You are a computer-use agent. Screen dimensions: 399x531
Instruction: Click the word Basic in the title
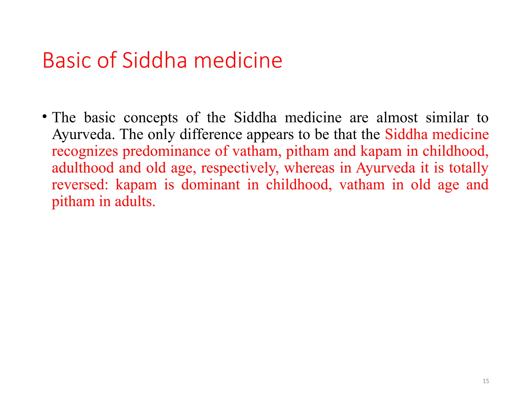coord(67,61)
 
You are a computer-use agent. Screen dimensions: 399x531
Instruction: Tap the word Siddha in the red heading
coord(154,61)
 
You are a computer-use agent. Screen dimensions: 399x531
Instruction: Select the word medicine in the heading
coord(238,61)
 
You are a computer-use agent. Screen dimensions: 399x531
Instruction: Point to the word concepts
coord(151,118)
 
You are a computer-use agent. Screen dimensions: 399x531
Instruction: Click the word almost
coord(397,118)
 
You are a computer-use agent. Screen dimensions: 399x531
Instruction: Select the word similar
coord(447,118)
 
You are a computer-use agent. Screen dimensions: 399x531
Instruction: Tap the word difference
coord(211,135)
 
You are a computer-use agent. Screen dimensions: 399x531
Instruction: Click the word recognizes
coord(85,152)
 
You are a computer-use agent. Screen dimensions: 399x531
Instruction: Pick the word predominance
coord(166,152)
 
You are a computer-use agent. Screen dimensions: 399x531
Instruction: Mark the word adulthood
coord(83,168)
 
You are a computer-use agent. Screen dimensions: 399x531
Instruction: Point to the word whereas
coord(309,168)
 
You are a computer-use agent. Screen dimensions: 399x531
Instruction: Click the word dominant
coord(211,185)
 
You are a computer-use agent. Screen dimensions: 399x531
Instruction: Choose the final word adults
coord(135,202)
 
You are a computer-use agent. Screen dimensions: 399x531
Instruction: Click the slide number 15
coord(486,381)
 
